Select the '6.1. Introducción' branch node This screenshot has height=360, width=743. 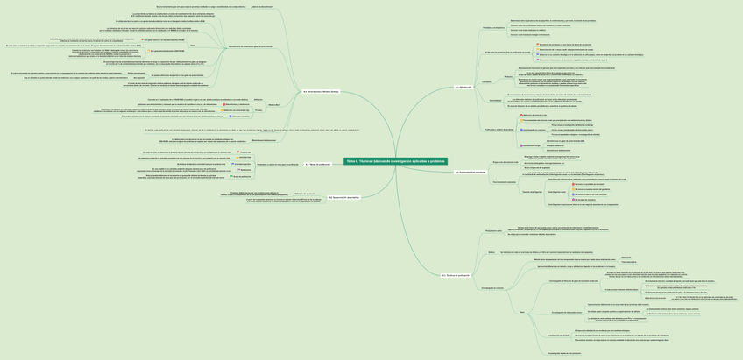[x=463, y=88]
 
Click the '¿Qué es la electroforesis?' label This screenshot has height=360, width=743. [x=263, y=7]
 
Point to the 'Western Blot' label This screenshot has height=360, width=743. [x=272, y=105]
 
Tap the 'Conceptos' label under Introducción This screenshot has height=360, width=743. [x=485, y=81]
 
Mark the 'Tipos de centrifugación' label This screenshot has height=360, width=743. [x=532, y=191]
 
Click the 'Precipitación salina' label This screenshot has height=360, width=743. [x=494, y=231]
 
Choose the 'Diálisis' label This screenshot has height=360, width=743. [x=492, y=251]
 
